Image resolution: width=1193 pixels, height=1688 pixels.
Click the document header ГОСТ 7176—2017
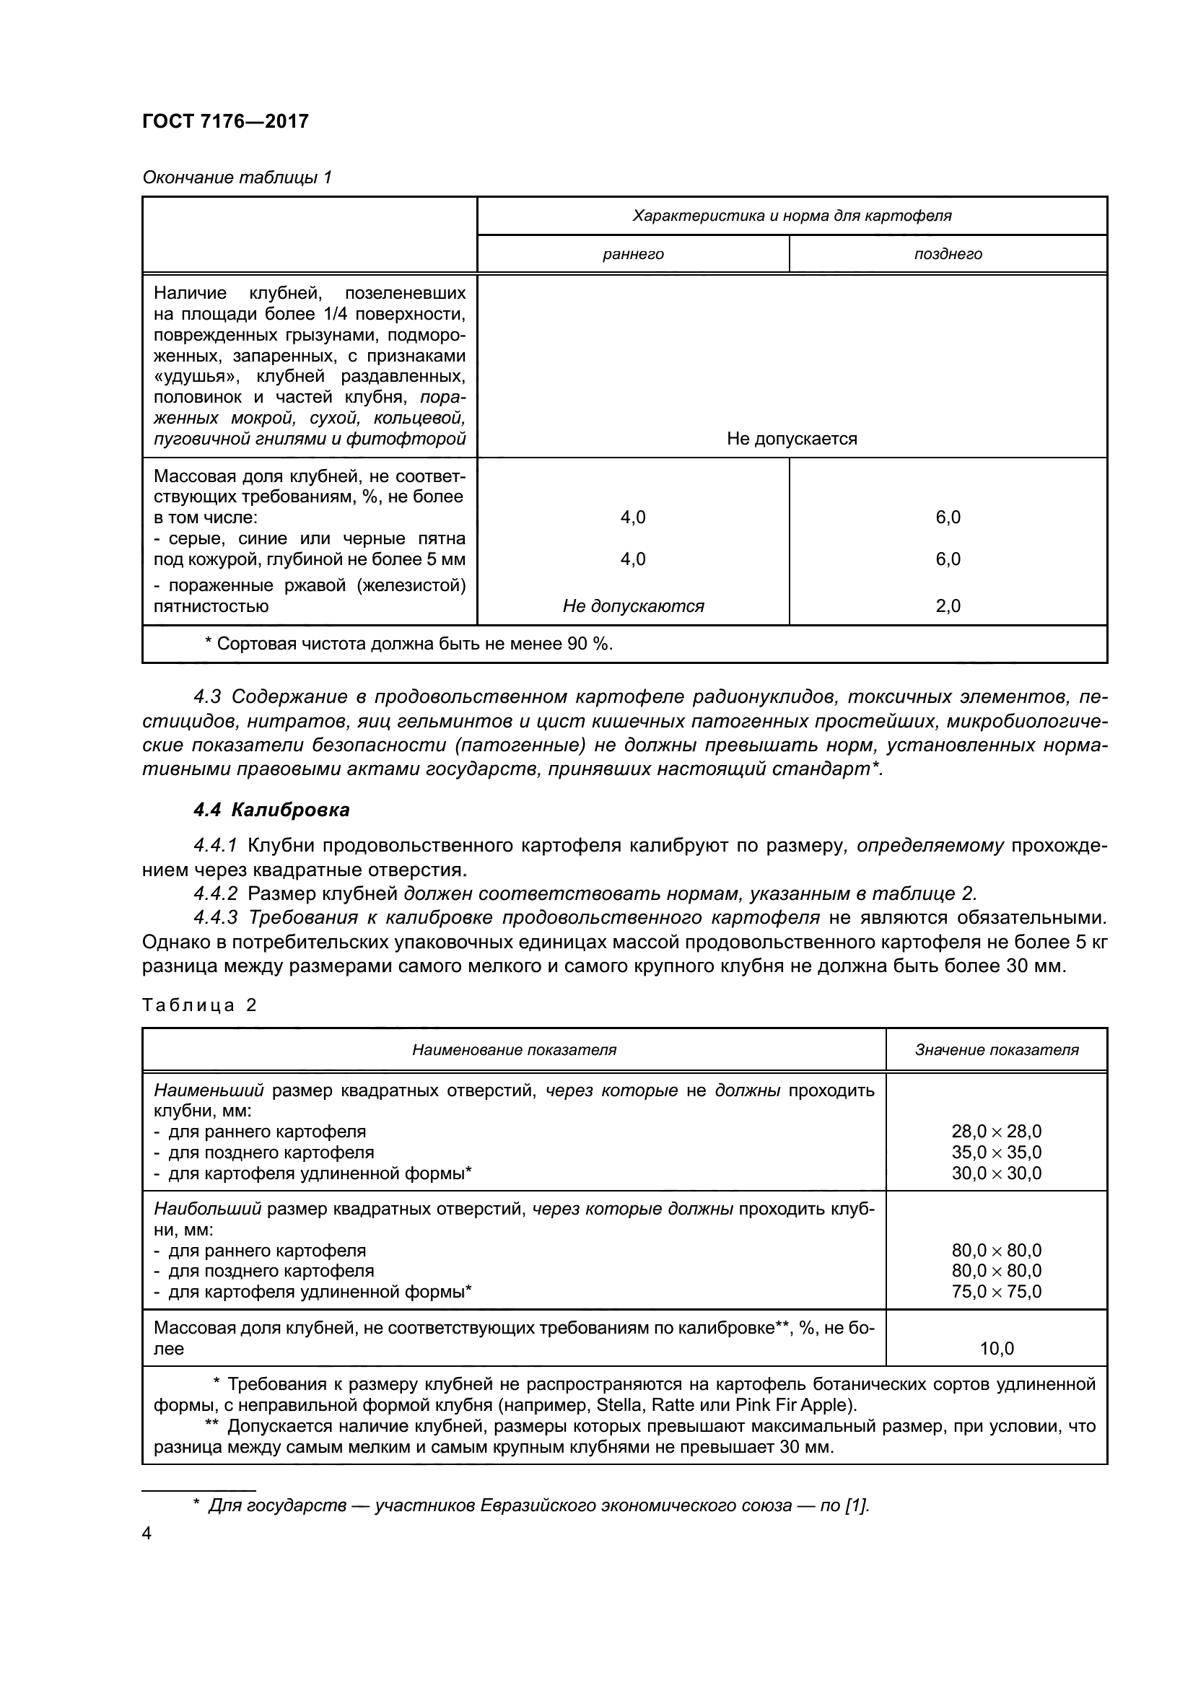tap(225, 121)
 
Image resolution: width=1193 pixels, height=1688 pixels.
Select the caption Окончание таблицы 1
tap(237, 178)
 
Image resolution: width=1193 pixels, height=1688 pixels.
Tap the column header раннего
tap(633, 254)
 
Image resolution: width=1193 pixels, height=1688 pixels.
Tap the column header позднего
tap(948, 254)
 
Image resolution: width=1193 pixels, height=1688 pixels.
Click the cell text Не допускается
tap(792, 439)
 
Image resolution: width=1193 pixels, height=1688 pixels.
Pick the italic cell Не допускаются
tap(633, 606)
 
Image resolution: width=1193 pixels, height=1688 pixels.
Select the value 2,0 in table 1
tap(948, 606)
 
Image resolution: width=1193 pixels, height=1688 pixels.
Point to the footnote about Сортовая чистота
tap(408, 644)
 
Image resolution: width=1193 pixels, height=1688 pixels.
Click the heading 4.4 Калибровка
tap(271, 810)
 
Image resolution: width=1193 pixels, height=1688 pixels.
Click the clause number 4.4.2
tap(215, 894)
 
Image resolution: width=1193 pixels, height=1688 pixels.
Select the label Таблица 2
tap(199, 1005)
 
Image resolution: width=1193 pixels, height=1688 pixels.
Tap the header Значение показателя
tap(996, 1050)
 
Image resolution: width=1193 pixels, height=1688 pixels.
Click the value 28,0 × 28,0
tap(996, 1132)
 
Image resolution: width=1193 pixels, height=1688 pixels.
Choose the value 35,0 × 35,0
tap(996, 1152)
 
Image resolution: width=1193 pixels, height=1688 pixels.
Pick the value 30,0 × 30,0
tap(996, 1173)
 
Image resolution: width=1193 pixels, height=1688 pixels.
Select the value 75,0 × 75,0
tap(996, 1292)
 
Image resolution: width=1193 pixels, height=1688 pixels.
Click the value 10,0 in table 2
tap(996, 1349)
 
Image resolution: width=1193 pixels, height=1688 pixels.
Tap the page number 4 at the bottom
tap(147, 1534)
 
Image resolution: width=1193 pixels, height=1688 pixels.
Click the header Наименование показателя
tap(514, 1050)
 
